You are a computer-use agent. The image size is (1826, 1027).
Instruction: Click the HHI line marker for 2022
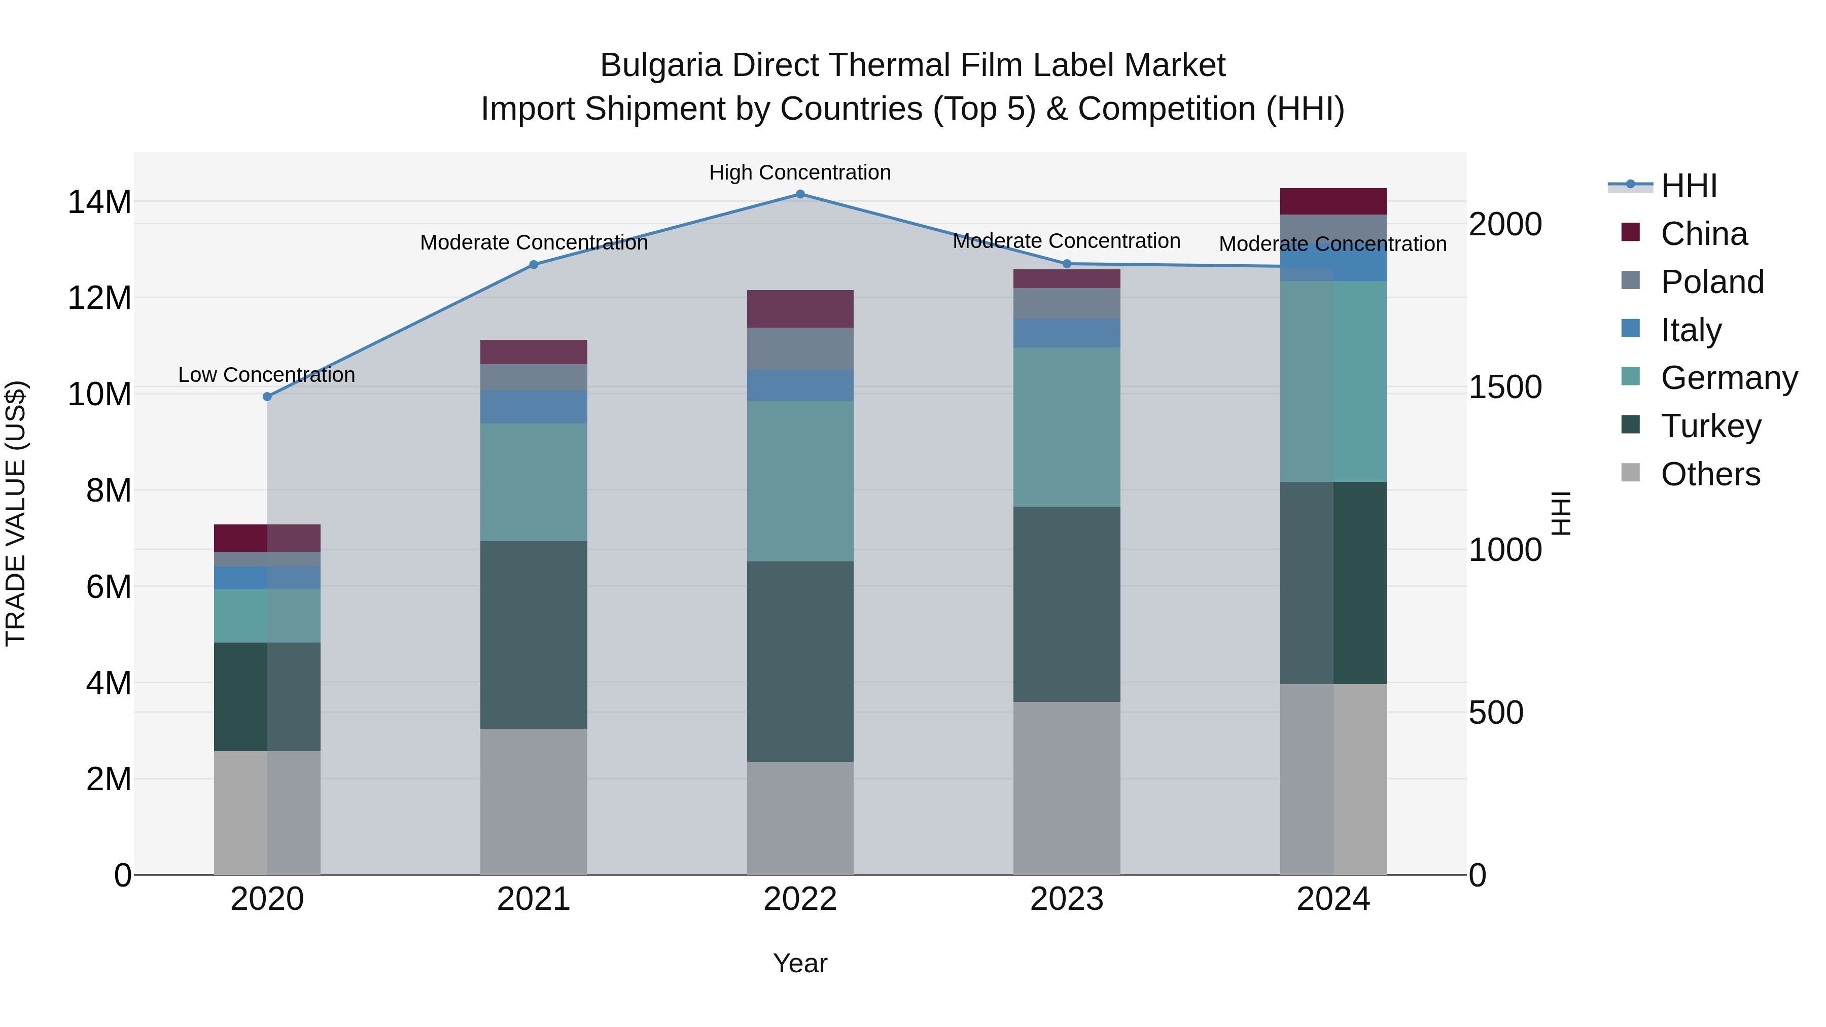tap(800, 194)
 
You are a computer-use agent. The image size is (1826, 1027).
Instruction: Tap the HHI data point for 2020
tap(267, 397)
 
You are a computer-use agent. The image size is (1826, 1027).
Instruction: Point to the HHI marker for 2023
tap(1067, 264)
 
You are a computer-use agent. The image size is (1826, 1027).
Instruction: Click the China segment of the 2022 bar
tap(800, 309)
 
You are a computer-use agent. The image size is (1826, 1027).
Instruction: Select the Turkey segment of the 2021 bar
tap(534, 635)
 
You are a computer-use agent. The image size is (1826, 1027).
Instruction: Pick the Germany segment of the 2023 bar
tap(1067, 427)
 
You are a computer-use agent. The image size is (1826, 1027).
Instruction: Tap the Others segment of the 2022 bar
tap(800, 819)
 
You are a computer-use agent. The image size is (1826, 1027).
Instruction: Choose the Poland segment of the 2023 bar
tap(1067, 303)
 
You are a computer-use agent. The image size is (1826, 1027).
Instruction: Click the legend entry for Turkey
tap(1710, 426)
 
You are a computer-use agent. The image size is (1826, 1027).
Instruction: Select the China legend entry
tap(1703, 234)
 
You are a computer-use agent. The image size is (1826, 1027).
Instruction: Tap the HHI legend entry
tap(1689, 186)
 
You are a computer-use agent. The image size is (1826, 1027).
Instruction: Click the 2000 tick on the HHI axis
tap(1505, 225)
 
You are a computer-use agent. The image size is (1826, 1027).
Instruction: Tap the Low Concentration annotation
tap(266, 375)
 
